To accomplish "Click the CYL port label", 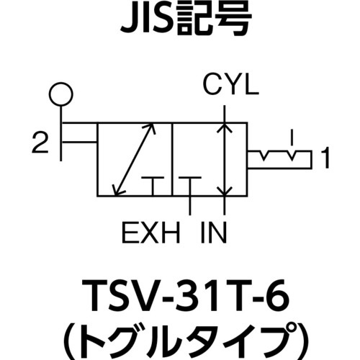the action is (x=231, y=86).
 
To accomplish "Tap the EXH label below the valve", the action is (x=151, y=233).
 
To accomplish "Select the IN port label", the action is (x=214, y=233).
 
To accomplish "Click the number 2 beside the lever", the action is (x=40, y=143).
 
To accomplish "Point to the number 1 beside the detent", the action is (x=325, y=158).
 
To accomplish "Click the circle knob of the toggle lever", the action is (x=61, y=94).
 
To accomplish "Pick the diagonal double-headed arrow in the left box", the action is (x=135, y=159).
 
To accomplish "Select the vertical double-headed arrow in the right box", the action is (x=225, y=159).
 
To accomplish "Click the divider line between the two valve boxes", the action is (x=172, y=159).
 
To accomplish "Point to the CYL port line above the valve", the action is (x=225, y=114).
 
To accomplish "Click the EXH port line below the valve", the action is (x=190, y=205).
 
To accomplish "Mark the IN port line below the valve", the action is (x=225, y=205).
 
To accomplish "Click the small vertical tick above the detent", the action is (x=292, y=138).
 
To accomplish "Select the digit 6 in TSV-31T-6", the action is (x=279, y=297).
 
